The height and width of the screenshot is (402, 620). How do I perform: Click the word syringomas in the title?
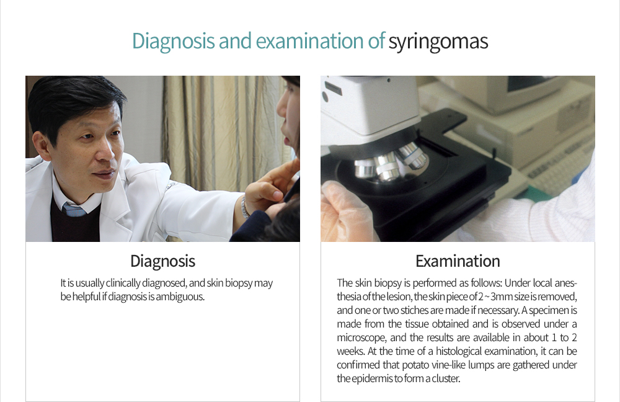coord(438,41)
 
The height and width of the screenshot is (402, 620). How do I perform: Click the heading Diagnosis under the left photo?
coord(163,261)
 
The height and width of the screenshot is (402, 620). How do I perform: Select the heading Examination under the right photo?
coord(458,261)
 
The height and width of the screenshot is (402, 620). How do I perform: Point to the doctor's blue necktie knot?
coord(74,209)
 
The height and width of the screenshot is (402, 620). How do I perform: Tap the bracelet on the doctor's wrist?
coord(245,207)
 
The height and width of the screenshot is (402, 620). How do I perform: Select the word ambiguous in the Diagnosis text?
coord(180,297)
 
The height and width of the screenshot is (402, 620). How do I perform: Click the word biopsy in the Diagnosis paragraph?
coord(236,284)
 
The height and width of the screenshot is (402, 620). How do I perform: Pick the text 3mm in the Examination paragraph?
coord(502,297)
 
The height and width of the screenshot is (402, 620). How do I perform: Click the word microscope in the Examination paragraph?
coord(361,338)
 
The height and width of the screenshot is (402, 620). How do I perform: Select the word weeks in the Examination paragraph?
coord(351,351)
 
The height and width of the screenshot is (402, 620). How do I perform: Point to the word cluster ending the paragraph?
coord(446,378)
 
